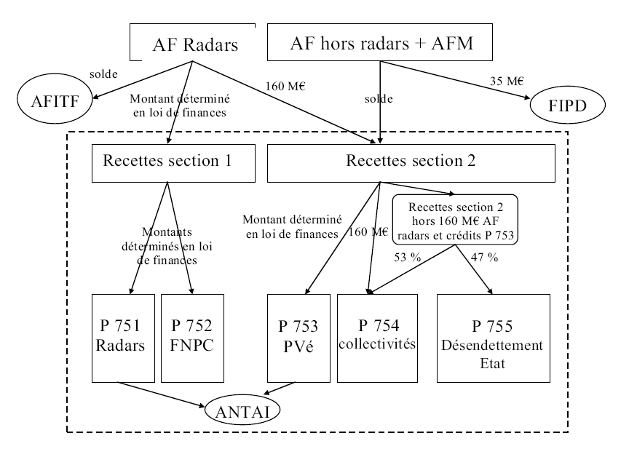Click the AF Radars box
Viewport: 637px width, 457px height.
194,44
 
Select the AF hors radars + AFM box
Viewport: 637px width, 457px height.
381,44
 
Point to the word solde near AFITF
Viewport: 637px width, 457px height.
103,73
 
